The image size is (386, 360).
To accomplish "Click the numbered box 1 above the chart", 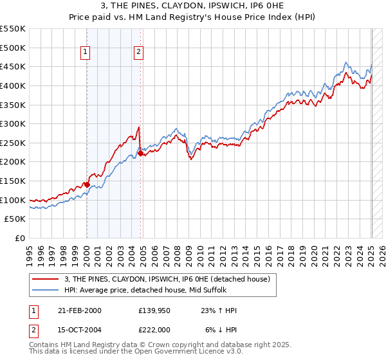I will coord(86,53).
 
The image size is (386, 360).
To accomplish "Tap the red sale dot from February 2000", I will coord(87,184).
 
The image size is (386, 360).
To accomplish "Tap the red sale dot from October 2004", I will coord(140,153).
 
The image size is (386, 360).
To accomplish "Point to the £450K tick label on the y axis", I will coord(13,66).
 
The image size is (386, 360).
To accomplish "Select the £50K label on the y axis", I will coord(15,219).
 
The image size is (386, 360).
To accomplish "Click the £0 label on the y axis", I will coord(20,238).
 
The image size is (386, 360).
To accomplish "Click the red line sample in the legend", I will coord(46,278).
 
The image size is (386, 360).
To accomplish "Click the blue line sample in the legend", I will coord(46,289).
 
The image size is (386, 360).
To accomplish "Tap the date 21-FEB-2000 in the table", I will coord(79,310).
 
